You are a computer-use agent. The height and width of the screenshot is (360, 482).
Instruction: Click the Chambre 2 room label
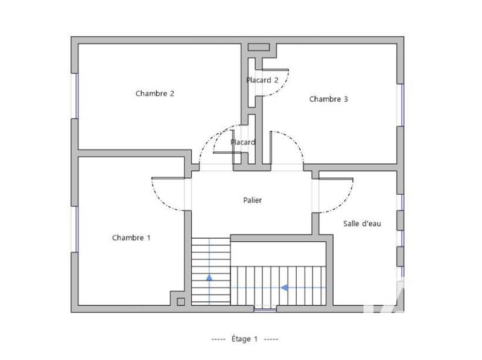click(x=155, y=93)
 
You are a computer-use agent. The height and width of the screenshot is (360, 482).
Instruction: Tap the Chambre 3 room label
click(x=329, y=99)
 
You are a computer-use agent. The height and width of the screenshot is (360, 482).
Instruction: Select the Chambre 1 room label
click(x=132, y=238)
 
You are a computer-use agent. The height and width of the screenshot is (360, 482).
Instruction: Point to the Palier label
click(x=252, y=200)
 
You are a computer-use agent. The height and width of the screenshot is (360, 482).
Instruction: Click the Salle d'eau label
click(x=362, y=223)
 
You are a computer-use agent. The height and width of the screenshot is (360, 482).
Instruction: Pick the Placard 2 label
click(x=262, y=80)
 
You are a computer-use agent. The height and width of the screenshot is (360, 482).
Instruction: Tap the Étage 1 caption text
click(x=244, y=339)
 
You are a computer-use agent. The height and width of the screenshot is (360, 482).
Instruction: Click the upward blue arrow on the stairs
click(x=209, y=278)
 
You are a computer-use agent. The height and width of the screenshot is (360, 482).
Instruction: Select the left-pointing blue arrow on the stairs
click(x=284, y=288)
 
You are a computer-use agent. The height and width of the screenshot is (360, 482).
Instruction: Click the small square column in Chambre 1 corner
click(x=179, y=301)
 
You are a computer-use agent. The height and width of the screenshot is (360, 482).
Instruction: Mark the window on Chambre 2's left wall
click(x=75, y=95)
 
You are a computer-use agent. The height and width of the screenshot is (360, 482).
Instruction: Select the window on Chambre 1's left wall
click(x=75, y=229)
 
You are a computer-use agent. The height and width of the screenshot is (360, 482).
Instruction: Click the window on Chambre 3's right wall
click(x=399, y=105)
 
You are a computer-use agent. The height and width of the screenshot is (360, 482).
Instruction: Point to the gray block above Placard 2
click(x=259, y=47)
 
